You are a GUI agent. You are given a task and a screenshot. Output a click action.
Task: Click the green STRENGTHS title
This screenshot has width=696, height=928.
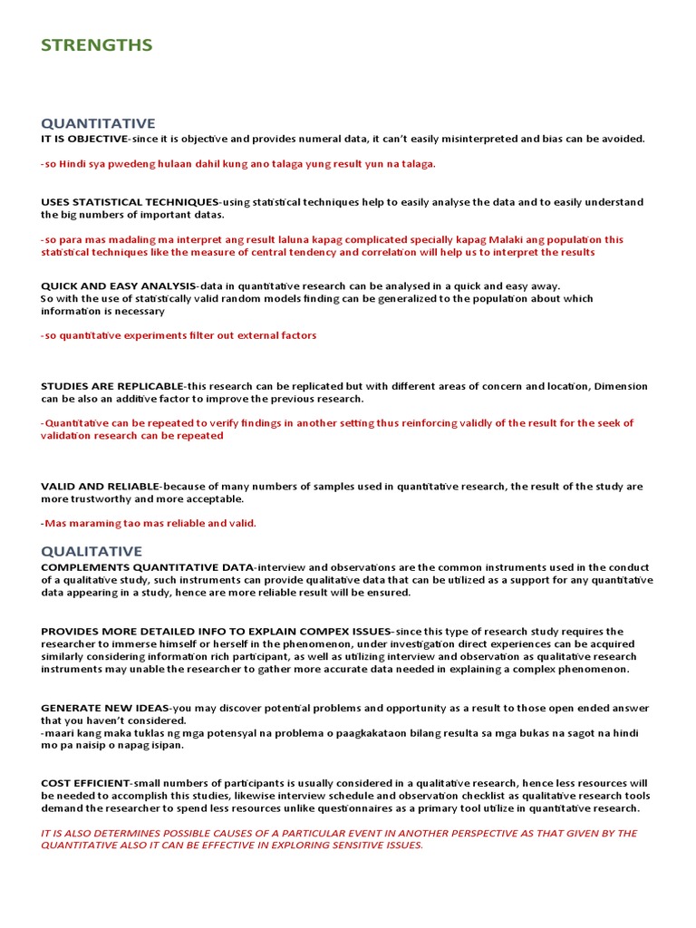click(x=96, y=45)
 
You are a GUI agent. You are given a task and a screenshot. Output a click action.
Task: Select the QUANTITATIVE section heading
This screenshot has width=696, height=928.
click(x=98, y=123)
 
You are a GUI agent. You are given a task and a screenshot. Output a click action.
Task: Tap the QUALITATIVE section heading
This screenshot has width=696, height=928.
click(x=92, y=551)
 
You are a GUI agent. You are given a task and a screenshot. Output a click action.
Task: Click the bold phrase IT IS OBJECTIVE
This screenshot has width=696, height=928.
click(x=83, y=139)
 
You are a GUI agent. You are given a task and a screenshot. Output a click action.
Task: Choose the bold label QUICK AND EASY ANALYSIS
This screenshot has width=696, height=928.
click(x=118, y=285)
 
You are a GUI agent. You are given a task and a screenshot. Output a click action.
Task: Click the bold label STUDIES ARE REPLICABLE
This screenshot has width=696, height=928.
click(x=111, y=386)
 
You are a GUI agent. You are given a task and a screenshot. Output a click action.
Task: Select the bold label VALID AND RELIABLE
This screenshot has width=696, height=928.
click(x=100, y=487)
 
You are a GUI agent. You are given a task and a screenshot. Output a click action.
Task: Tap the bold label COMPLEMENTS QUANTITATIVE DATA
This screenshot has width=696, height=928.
click(x=147, y=567)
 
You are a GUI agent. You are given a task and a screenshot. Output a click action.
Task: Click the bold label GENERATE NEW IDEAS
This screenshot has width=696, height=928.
click(x=104, y=708)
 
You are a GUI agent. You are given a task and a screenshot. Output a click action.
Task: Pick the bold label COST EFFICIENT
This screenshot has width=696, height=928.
click(x=85, y=783)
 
